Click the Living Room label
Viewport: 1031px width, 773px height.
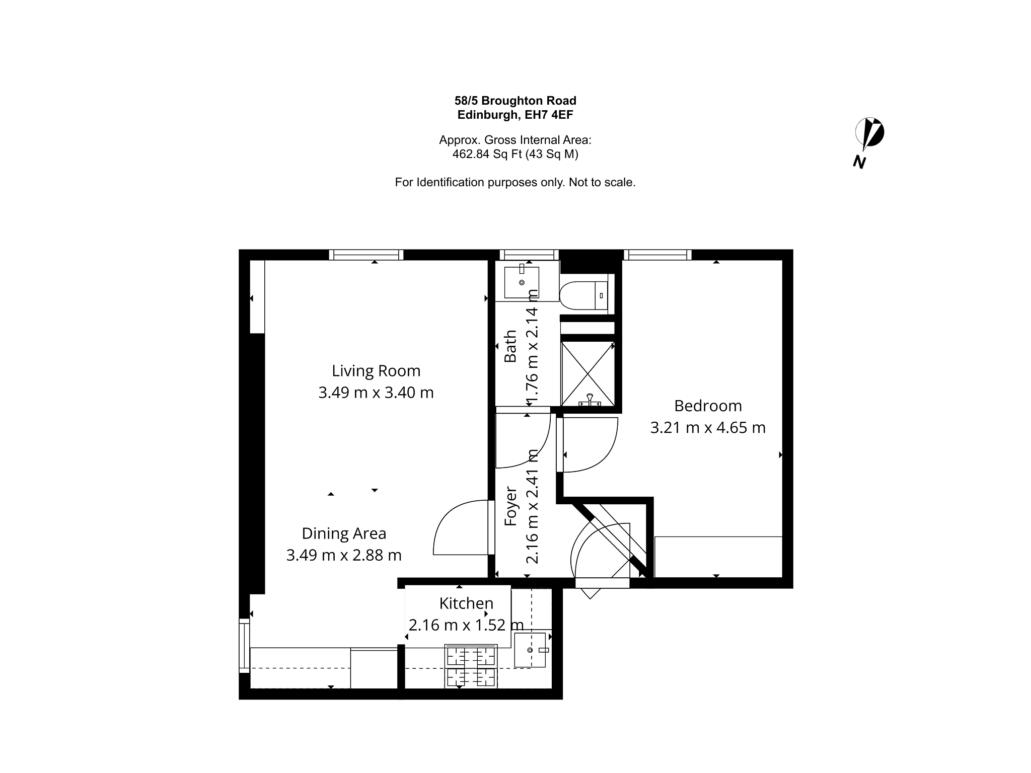pos(376,371)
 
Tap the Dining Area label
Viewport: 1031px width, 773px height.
pos(344,533)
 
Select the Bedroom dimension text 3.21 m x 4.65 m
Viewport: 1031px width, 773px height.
pos(708,428)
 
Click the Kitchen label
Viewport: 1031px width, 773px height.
pos(466,603)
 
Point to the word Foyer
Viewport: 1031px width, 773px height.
pos(511,506)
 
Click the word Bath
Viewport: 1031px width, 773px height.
pos(510,346)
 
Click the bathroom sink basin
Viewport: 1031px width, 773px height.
pos(522,282)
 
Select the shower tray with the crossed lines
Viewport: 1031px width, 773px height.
pos(587,373)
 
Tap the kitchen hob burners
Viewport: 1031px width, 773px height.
pos(471,666)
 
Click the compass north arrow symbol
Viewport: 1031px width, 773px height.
pos(869,134)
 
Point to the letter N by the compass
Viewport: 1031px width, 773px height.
pos(860,162)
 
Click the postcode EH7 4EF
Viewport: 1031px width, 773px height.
pos(549,115)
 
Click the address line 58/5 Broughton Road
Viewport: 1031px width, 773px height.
pos(515,101)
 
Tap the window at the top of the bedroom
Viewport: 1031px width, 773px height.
pos(657,255)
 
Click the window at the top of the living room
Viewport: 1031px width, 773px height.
pos(366,255)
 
